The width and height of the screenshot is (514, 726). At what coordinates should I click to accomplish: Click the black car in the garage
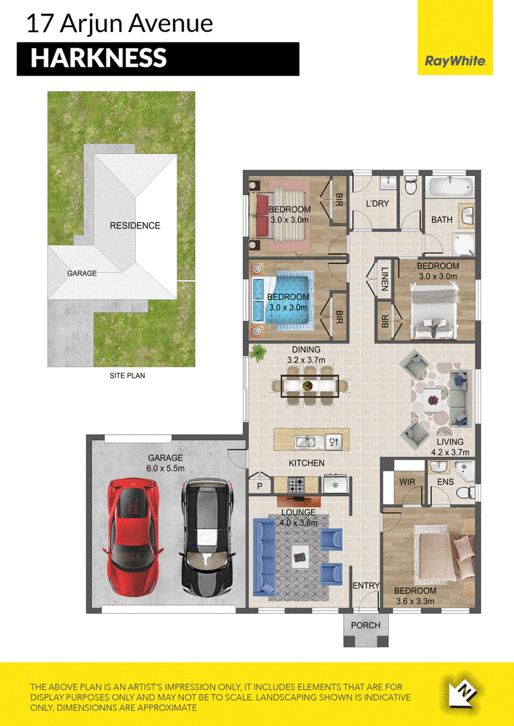click(x=207, y=537)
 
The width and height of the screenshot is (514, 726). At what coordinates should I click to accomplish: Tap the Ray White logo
click(x=455, y=60)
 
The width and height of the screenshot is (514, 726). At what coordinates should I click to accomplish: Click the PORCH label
click(x=365, y=625)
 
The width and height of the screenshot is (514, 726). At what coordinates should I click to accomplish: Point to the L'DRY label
click(x=377, y=203)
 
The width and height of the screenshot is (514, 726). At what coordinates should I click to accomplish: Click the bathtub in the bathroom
click(x=450, y=189)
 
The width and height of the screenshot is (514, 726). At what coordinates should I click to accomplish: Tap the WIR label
click(x=407, y=482)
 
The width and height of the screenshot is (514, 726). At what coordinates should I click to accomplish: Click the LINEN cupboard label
click(x=384, y=279)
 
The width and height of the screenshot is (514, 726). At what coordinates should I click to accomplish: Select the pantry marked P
click(x=260, y=483)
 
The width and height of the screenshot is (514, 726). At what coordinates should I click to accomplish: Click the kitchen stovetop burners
click(x=296, y=484)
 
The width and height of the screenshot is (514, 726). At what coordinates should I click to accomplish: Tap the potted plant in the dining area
click(x=258, y=353)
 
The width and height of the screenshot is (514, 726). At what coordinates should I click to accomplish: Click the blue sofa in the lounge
click(x=264, y=557)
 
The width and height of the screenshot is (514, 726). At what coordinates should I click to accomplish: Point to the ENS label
click(x=445, y=482)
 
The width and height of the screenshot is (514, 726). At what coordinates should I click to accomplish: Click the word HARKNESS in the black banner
click(x=99, y=58)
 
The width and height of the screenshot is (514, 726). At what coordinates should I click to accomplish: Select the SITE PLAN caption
click(x=127, y=376)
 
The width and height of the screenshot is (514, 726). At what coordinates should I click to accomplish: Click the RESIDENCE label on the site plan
click(x=135, y=225)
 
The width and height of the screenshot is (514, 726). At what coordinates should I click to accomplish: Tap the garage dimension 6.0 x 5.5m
click(x=166, y=468)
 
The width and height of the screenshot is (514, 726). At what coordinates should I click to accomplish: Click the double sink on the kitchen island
click(x=306, y=442)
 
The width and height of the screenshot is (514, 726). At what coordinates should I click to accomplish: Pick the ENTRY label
click(x=366, y=585)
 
